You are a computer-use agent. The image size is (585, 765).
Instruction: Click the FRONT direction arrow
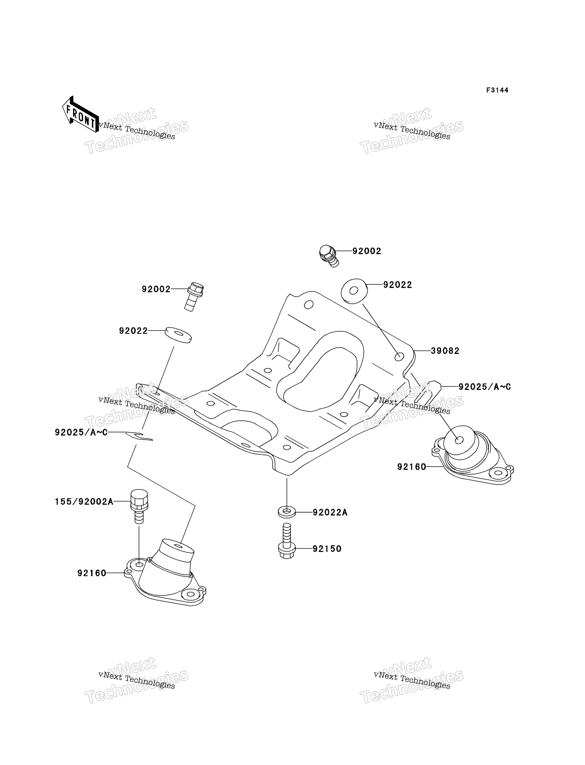point(80,114)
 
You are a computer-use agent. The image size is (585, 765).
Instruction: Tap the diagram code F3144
point(497,90)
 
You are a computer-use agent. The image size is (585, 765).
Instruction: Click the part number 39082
point(445,351)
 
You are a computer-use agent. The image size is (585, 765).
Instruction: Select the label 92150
point(327,549)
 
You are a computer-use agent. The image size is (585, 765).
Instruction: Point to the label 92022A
point(330,513)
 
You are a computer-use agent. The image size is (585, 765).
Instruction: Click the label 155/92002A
point(84,502)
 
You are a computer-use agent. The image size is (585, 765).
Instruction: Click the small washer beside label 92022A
point(287,512)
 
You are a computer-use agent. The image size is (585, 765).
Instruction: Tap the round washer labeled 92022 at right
point(354,291)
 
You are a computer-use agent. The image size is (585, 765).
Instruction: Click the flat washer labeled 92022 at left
point(178,335)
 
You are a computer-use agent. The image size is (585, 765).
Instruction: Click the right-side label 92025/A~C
point(484,387)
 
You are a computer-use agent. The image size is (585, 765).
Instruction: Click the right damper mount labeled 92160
point(470,454)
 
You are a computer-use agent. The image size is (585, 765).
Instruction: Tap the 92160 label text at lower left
point(92,573)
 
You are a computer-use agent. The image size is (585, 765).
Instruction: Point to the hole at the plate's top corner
point(309,305)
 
